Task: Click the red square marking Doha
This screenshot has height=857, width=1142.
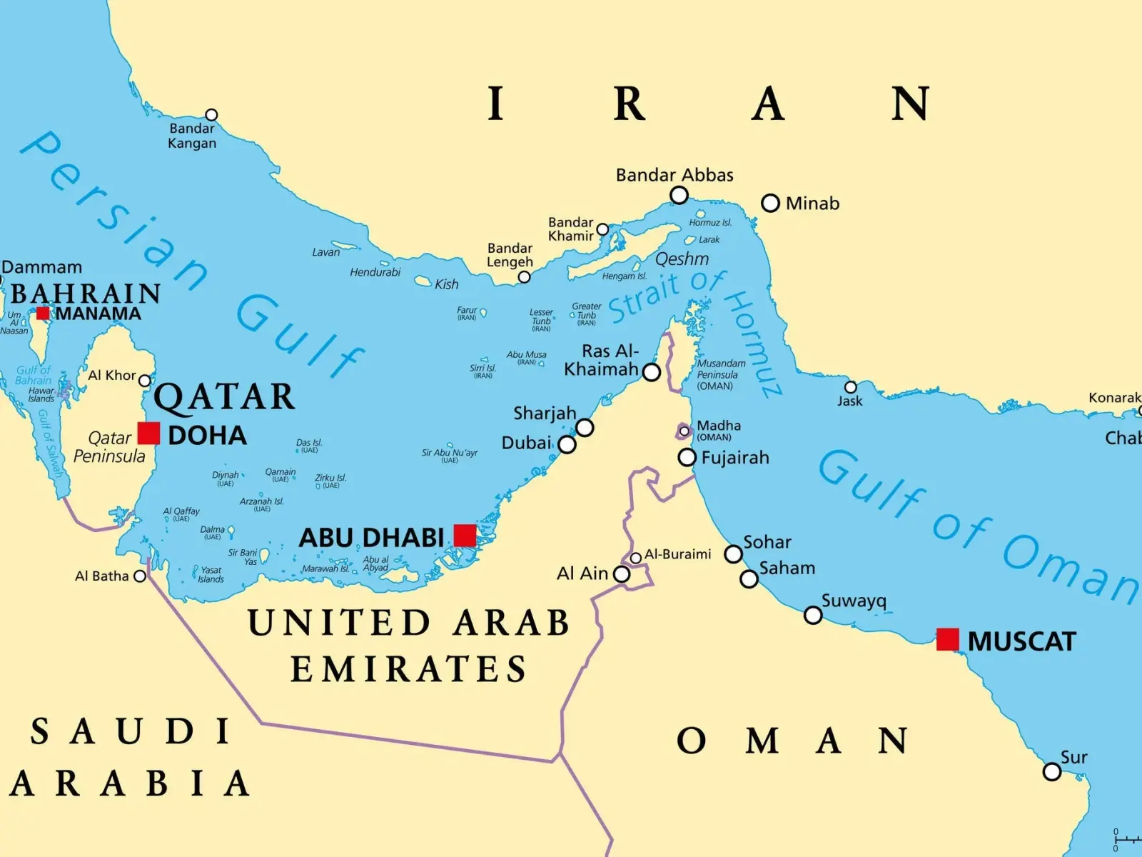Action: pyautogui.click(x=148, y=433)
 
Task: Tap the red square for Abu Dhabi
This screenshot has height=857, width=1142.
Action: pyautogui.click(x=465, y=535)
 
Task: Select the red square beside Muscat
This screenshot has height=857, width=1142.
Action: pyautogui.click(x=947, y=639)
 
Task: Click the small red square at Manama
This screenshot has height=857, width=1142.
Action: pyautogui.click(x=43, y=313)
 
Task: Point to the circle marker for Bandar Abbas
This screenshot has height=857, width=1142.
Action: pyautogui.click(x=679, y=195)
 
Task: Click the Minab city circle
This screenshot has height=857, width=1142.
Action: pyautogui.click(x=770, y=203)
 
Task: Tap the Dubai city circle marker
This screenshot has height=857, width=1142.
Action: pyautogui.click(x=567, y=444)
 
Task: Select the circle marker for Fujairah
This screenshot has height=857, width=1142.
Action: pyautogui.click(x=687, y=457)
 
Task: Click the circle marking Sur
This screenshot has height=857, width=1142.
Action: pyautogui.click(x=1051, y=771)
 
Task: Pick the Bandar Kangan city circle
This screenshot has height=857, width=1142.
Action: pyautogui.click(x=211, y=115)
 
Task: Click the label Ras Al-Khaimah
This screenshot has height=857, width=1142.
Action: pyautogui.click(x=601, y=360)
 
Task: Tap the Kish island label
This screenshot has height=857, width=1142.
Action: pyautogui.click(x=447, y=284)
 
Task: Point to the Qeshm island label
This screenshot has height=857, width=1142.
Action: pyautogui.click(x=682, y=259)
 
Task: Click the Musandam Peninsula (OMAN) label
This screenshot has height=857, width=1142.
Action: pyautogui.click(x=720, y=374)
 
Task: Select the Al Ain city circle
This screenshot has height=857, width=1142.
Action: pyautogui.click(x=622, y=573)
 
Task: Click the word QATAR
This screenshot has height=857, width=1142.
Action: pyautogui.click(x=224, y=397)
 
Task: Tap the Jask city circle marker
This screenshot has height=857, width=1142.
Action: pyautogui.click(x=850, y=387)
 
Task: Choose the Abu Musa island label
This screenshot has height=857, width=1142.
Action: pyautogui.click(x=526, y=355)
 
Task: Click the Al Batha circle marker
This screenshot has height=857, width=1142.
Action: pyautogui.click(x=140, y=576)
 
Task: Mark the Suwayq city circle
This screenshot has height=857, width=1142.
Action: pyautogui.click(x=813, y=615)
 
